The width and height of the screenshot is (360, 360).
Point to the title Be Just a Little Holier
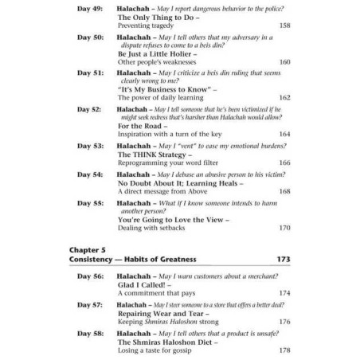(x=158, y=53)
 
